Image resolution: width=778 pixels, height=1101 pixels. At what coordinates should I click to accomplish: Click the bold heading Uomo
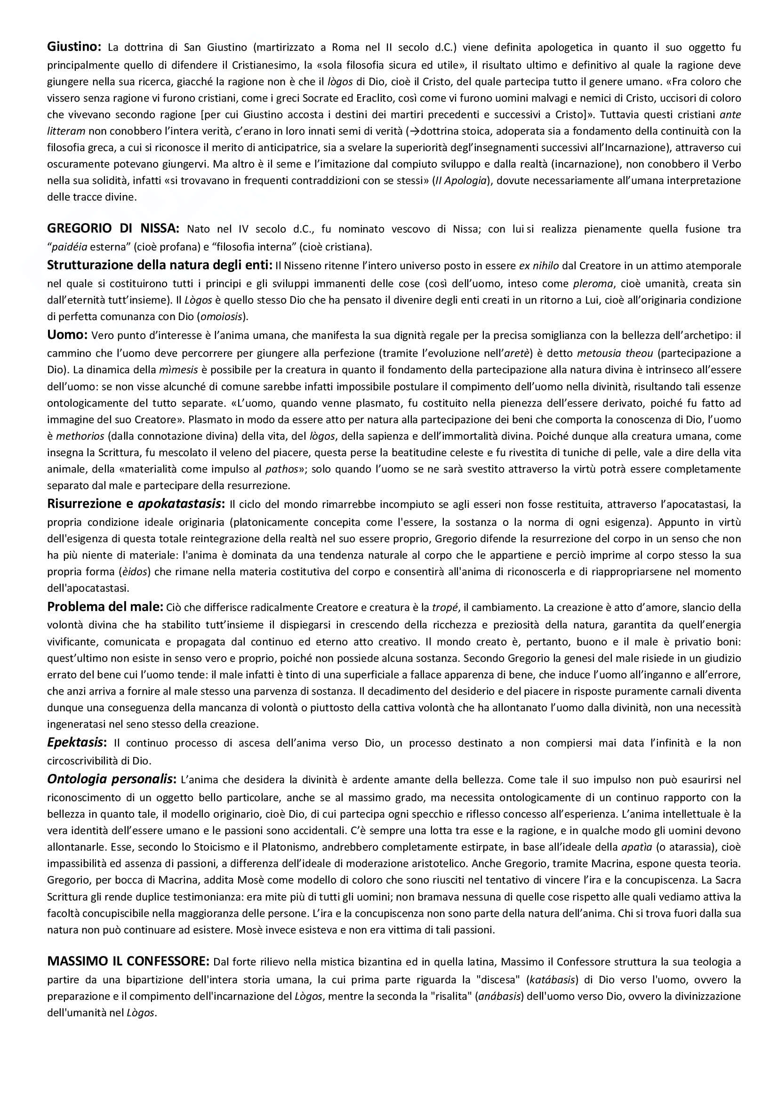(67, 335)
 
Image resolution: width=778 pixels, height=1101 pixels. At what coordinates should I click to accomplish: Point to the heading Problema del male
(105, 607)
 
